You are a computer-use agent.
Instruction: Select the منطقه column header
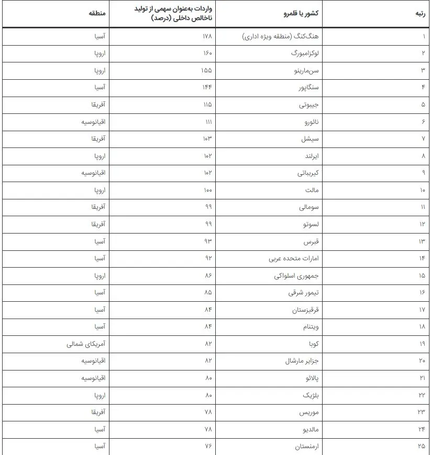pos(97,14)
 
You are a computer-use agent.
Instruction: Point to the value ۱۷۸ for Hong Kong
pos(207,37)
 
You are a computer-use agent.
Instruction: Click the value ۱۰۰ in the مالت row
pos(208,190)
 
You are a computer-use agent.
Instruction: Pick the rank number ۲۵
pos(422,446)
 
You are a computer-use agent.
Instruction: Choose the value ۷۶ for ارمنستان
pos(208,446)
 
